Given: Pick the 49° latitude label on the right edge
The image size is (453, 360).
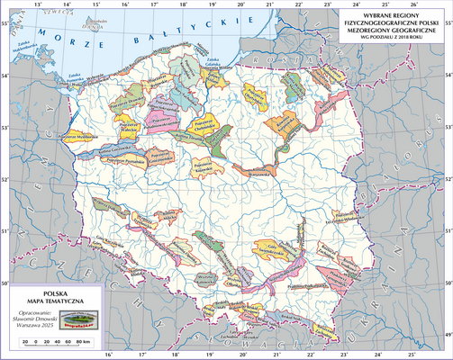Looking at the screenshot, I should pyautogui.click(x=448, y=334).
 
